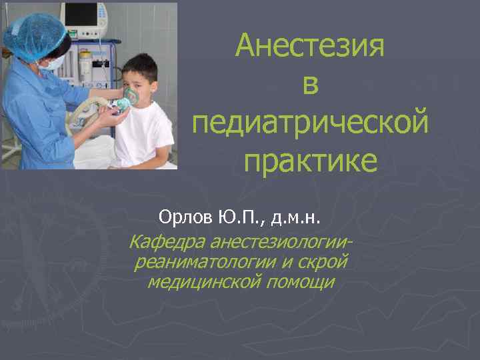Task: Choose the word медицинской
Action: tap(203, 282)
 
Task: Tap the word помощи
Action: tap(300, 282)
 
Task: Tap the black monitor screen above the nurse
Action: tap(81, 14)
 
